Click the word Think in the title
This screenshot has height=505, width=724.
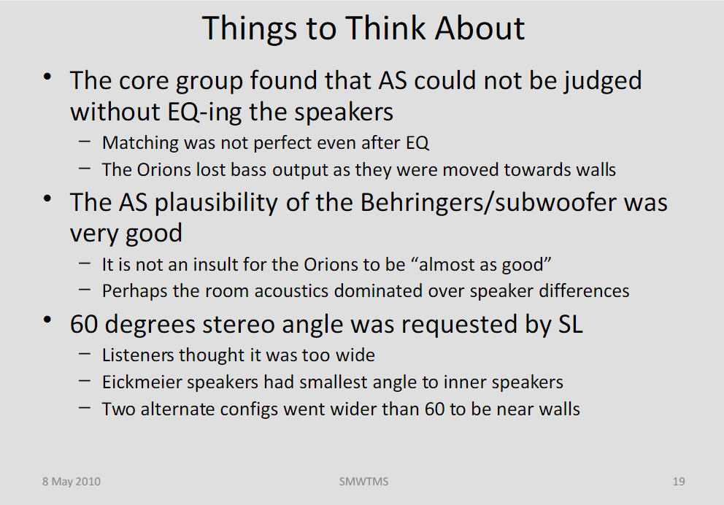click(385, 28)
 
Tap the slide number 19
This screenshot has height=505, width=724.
click(679, 482)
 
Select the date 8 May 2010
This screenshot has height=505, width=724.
click(72, 482)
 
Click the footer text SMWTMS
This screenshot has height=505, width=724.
click(364, 482)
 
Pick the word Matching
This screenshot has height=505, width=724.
click(140, 143)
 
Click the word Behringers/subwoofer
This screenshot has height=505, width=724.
click(488, 202)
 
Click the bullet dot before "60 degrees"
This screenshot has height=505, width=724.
click(47, 320)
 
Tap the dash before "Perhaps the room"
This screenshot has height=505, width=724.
click(85, 290)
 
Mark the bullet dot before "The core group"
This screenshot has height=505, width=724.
click(47, 77)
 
